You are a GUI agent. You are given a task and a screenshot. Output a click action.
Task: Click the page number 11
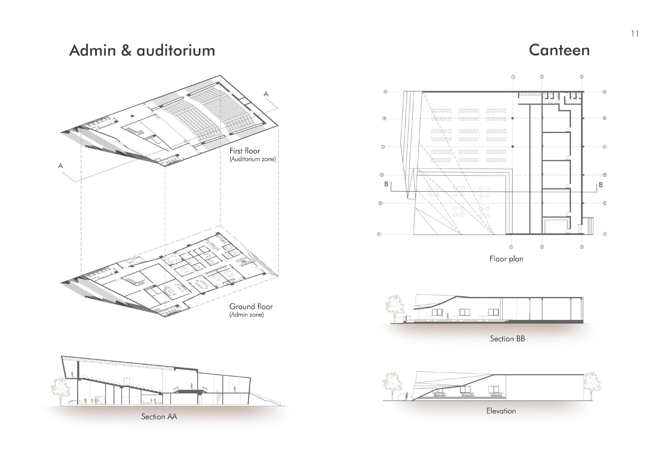click(635, 34)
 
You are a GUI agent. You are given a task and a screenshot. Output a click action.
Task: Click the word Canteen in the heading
click(559, 50)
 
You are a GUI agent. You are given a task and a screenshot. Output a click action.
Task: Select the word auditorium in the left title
click(176, 51)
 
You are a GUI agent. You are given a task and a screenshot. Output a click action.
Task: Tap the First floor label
click(245, 151)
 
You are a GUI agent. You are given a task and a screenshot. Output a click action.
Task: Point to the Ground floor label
click(251, 307)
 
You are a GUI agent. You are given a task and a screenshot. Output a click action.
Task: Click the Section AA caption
click(159, 417)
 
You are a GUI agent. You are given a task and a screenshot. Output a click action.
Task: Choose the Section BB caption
click(507, 339)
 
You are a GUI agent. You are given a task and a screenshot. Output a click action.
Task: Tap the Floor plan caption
click(506, 259)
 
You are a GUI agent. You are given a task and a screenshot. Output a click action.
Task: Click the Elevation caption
click(501, 411)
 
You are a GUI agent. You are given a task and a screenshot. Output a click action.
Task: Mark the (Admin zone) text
click(246, 315)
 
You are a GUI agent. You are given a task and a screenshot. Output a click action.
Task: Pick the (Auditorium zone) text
click(253, 159)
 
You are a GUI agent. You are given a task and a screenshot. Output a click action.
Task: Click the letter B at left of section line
click(386, 184)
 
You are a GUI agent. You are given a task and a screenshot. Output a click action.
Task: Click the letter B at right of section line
click(601, 185)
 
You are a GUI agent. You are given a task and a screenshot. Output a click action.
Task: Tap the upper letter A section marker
click(266, 94)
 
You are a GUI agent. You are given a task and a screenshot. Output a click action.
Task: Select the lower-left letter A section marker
click(61, 166)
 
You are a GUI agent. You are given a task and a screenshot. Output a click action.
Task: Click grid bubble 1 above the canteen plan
click(513, 77)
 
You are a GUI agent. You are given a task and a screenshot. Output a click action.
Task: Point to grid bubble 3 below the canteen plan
click(582, 247)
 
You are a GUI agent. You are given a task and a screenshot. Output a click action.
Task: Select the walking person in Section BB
click(448, 316)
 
